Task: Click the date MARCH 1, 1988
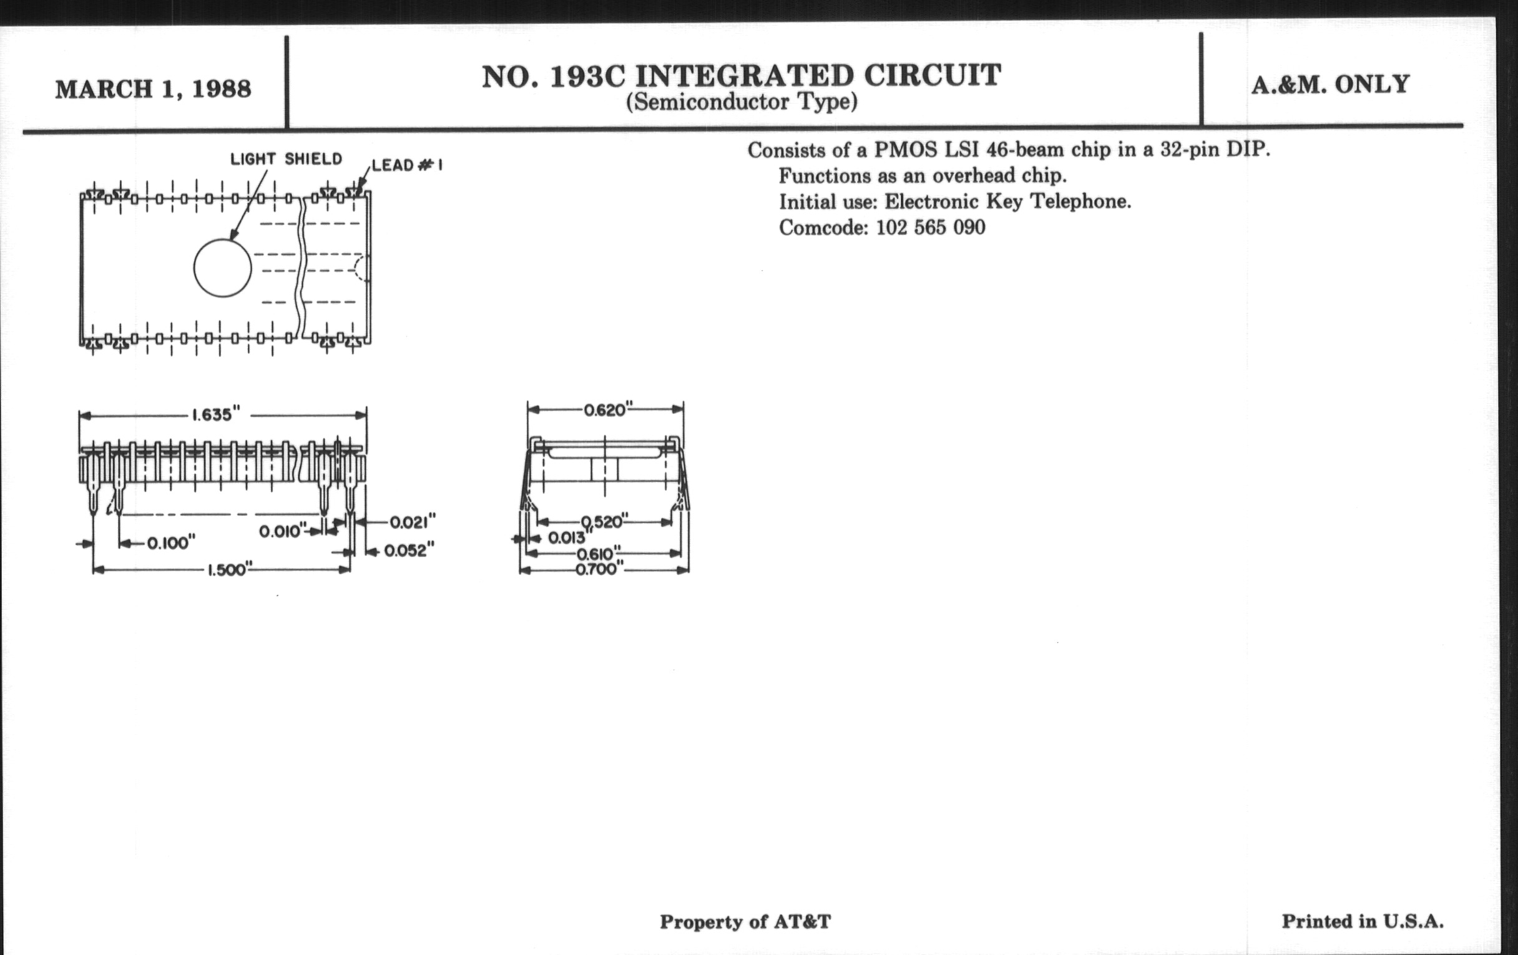153,89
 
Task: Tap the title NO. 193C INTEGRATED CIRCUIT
742,76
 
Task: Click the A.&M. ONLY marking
1331,84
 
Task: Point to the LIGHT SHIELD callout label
286,159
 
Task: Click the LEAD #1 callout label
407,166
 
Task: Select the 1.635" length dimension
216,415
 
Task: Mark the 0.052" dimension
409,551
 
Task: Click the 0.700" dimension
599,570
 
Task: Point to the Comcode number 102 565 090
931,228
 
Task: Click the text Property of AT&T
745,922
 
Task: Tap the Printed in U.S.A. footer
1363,921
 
